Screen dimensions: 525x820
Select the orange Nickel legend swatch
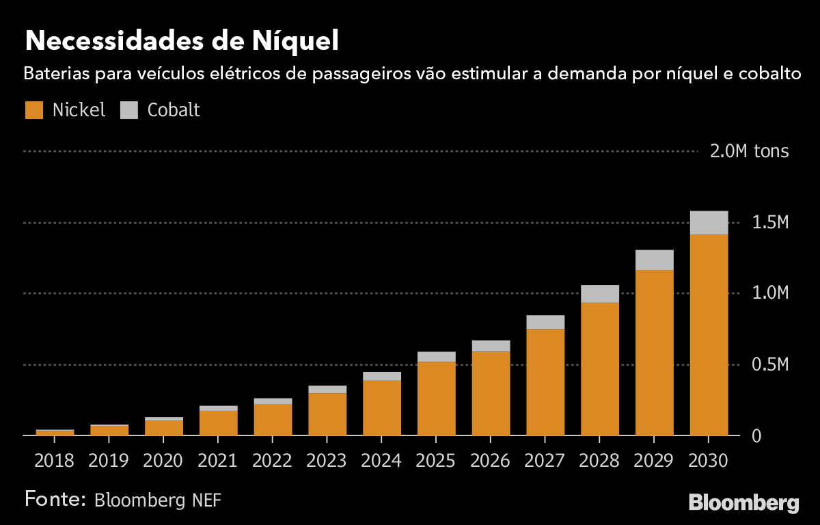(34, 110)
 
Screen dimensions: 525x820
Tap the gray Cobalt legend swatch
(129, 110)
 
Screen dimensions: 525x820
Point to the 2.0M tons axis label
(749, 151)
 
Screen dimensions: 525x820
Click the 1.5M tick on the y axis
(769, 223)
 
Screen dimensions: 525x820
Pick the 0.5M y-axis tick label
(769, 365)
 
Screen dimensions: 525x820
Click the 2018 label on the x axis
(54, 461)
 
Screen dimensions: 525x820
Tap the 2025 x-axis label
(436, 461)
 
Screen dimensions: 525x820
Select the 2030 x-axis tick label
(709, 461)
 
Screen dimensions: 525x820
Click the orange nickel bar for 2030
(709, 335)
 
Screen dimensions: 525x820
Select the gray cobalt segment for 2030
(709, 223)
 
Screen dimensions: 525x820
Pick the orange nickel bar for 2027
(545, 383)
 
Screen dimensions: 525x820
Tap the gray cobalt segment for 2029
(654, 260)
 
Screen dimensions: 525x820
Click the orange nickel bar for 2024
(381, 408)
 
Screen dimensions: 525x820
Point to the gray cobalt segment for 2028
(599, 294)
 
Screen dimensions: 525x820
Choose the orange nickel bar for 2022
(273, 420)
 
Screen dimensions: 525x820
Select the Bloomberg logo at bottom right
(743, 503)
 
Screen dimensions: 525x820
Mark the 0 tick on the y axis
(756, 436)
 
